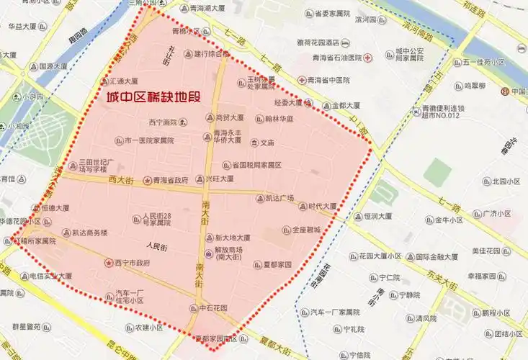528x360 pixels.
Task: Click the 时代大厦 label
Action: tap(323, 206)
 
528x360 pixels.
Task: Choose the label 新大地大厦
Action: tap(233, 238)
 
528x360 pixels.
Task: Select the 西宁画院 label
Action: tap(162, 122)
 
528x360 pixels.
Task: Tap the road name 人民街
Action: tap(156, 246)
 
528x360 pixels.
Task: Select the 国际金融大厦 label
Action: tap(437, 256)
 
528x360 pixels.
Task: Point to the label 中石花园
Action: tap(213, 307)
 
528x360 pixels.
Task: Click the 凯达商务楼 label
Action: tap(89, 233)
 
